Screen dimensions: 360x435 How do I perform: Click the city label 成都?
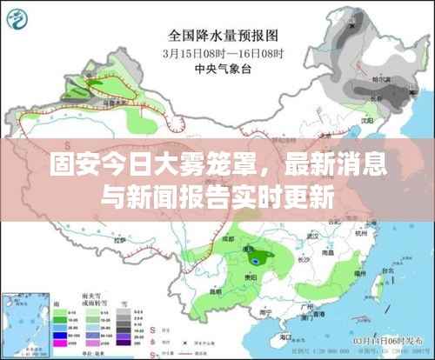coord(228,237)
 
